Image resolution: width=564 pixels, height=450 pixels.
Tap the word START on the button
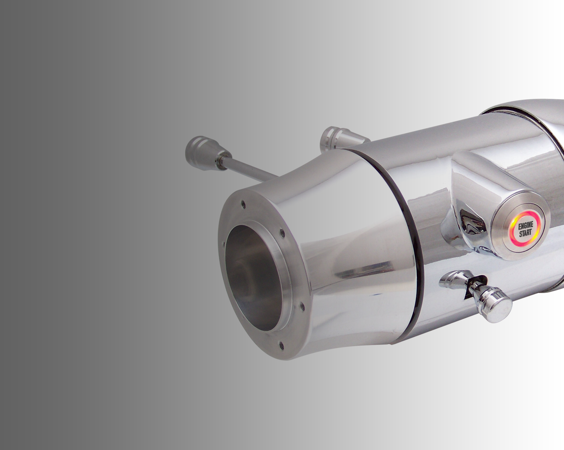525,233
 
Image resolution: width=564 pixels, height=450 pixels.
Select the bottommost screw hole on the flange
281,345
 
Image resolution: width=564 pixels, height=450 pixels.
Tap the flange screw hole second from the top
282,232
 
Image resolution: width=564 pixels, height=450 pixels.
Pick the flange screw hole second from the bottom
302,306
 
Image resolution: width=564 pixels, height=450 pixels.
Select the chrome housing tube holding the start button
477,180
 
